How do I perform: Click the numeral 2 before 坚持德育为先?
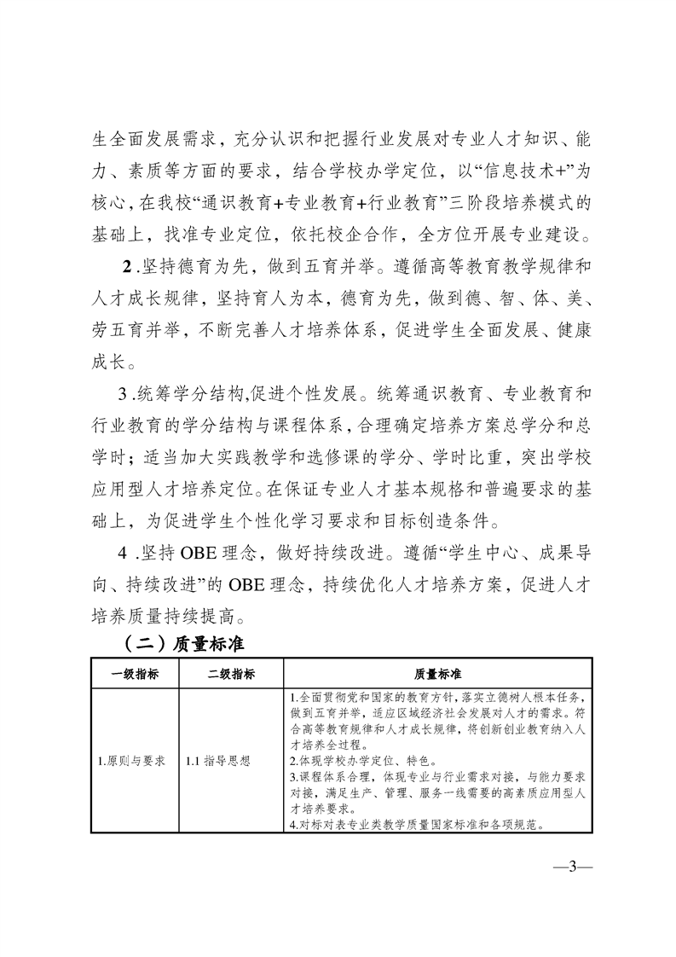127,266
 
